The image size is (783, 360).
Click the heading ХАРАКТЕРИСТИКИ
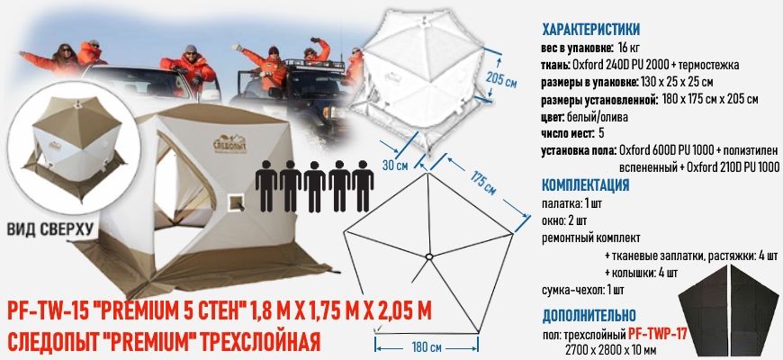click(x=590, y=28)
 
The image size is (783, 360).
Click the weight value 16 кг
click(x=628, y=47)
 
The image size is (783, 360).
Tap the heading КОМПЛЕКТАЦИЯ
click(x=584, y=185)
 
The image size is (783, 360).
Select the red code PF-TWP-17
click(x=657, y=334)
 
